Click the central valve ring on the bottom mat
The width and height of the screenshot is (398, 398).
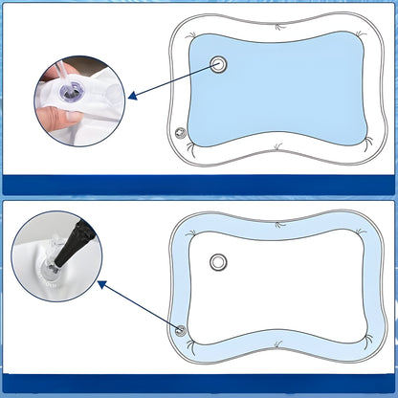pos(219,263)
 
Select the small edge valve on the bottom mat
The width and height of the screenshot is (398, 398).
pos(180,330)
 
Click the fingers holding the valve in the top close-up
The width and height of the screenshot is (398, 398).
pos(59,119)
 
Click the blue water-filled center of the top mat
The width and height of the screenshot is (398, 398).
pos(277,91)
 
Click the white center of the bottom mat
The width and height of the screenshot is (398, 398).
pos(277,287)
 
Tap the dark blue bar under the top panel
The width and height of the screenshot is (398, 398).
pos(199,184)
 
